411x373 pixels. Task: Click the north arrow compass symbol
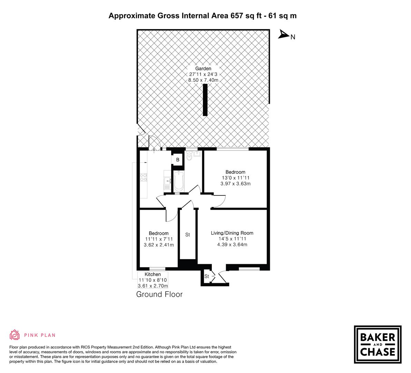point(284,34)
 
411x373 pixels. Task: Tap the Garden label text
point(203,68)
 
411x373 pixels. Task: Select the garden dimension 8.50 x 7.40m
point(203,80)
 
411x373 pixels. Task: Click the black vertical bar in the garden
point(205,100)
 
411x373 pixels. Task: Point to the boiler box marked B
point(178,160)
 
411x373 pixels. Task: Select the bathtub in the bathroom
point(178,181)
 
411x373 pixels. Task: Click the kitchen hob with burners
point(144,178)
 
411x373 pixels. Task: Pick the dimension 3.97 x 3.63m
point(235,184)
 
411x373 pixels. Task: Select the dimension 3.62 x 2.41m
point(159,245)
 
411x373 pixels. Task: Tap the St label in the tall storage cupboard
point(187,235)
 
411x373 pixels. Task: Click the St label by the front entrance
point(207,276)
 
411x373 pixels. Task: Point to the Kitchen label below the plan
point(153,274)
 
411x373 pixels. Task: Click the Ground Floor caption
point(159,294)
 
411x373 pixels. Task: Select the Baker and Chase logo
point(378,344)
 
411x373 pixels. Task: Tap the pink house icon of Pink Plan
point(15,335)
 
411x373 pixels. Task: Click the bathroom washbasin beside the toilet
point(197,154)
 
